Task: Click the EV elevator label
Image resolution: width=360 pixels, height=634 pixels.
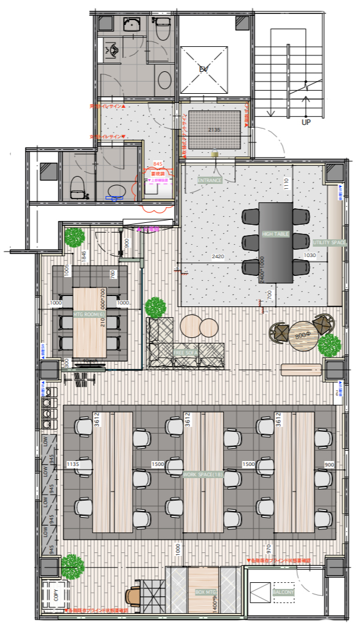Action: click(204, 69)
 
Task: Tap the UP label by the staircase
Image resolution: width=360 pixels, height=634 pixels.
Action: click(306, 122)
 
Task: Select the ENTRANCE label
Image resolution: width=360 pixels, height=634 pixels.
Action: click(209, 180)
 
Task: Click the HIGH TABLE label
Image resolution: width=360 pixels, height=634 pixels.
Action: click(275, 234)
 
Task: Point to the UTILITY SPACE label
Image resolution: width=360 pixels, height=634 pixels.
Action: click(330, 242)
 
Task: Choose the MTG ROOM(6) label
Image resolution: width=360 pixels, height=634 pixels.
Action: click(86, 314)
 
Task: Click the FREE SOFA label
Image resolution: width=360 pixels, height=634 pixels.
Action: click(186, 353)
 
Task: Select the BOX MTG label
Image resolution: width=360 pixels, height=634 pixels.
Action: click(206, 591)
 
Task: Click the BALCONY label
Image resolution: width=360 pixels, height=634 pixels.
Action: click(283, 592)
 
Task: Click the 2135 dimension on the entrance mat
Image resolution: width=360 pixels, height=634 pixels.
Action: click(214, 130)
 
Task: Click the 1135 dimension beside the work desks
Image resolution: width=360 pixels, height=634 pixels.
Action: click(74, 464)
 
